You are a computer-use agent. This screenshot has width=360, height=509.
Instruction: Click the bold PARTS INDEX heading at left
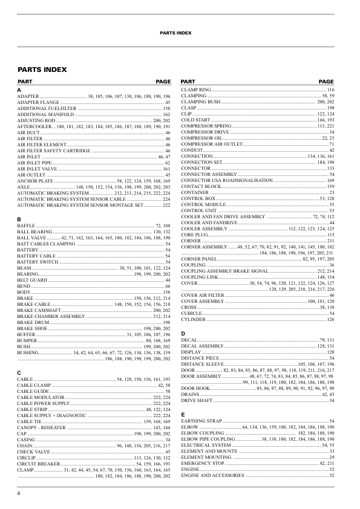point(42,70)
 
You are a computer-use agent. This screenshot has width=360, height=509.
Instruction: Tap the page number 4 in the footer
point(19,494)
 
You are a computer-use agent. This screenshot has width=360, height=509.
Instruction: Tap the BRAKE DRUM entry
point(32,322)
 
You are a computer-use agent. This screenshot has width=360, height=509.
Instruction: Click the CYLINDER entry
point(194,319)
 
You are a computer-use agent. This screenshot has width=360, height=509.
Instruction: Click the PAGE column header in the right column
point(326,82)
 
